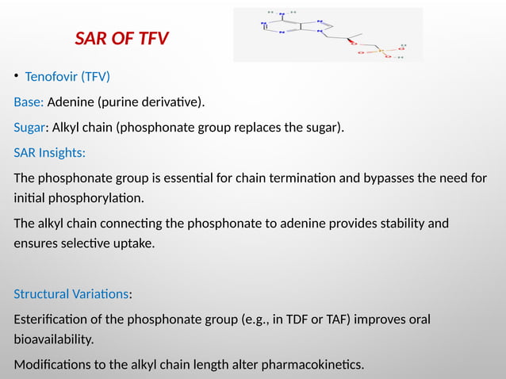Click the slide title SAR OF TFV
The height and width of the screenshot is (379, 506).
click(x=121, y=38)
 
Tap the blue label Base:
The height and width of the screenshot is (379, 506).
click(x=29, y=101)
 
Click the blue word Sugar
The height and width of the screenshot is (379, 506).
click(x=30, y=126)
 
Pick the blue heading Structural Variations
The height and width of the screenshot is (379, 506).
click(x=71, y=294)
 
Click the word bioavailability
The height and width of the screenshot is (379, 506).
click(x=53, y=339)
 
